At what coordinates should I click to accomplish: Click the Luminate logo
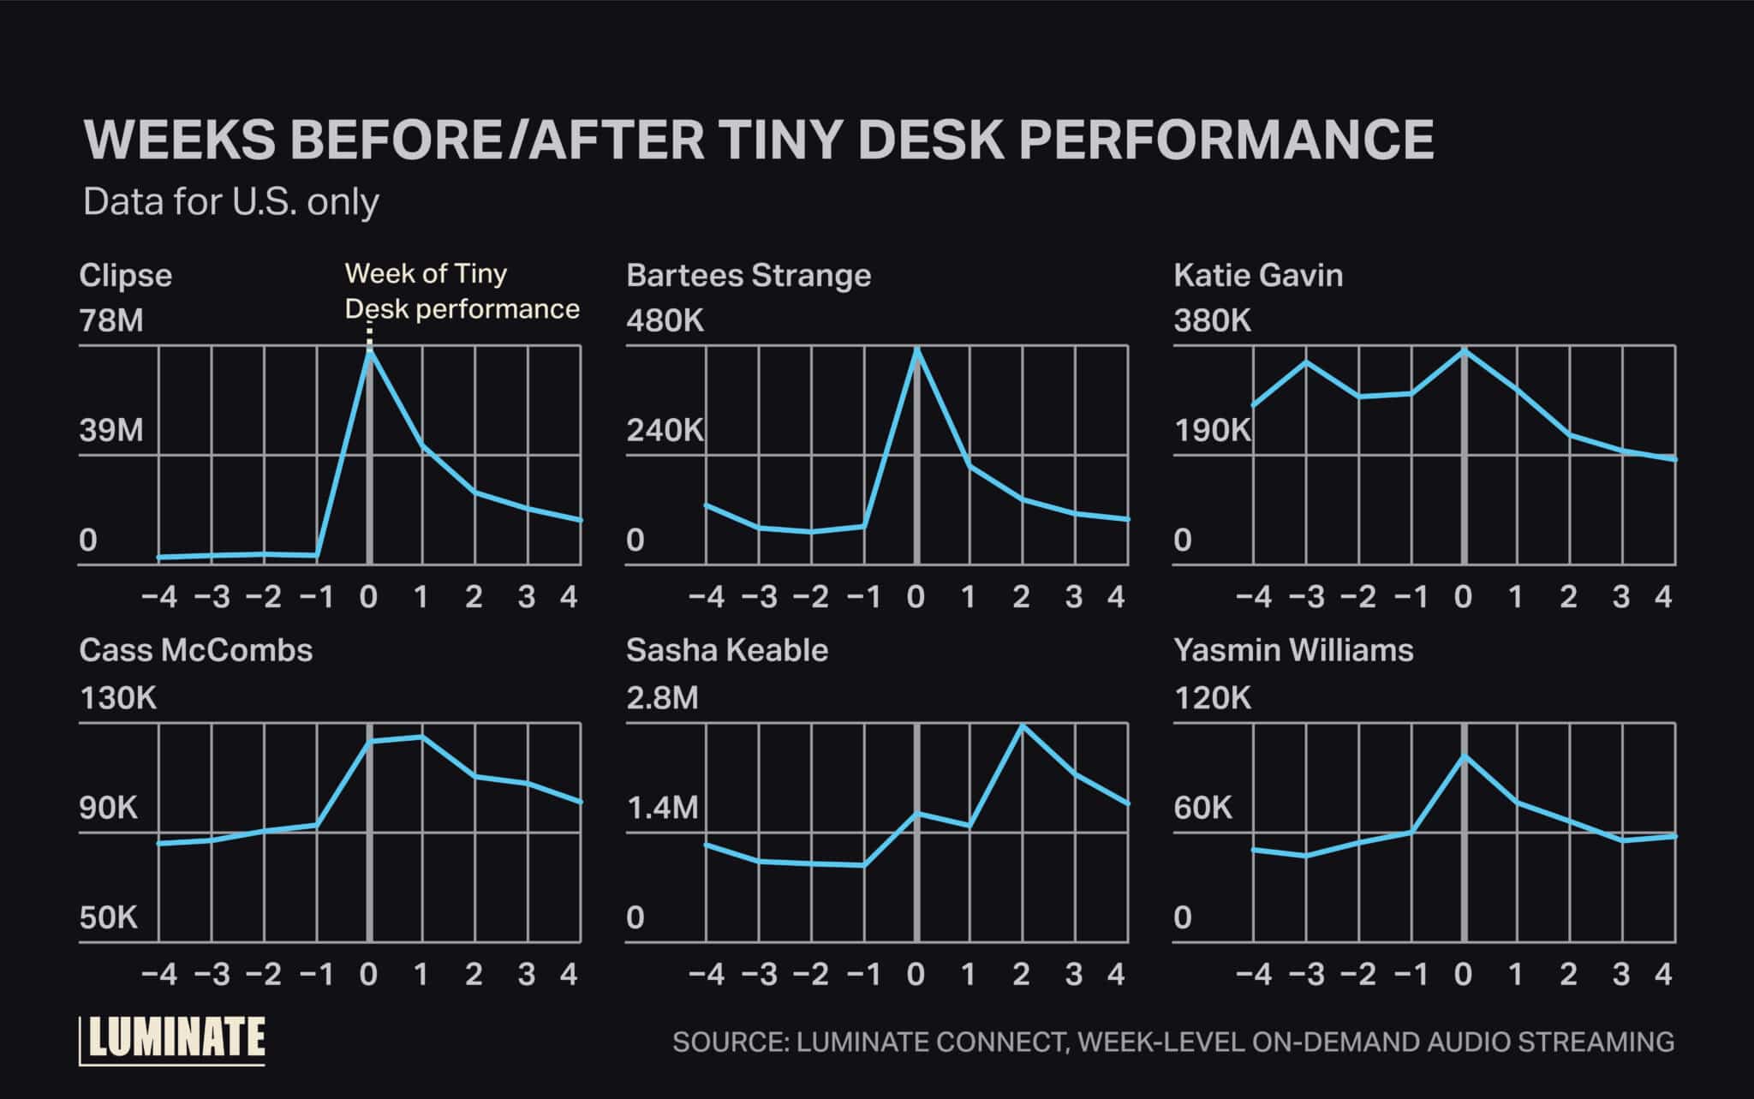point(173,1039)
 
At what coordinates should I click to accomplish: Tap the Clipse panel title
point(126,276)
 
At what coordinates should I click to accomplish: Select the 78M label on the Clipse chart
point(111,321)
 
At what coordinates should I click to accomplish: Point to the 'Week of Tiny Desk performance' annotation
point(462,291)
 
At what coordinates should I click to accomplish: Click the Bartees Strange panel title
point(749,276)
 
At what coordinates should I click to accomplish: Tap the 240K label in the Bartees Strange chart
point(665,430)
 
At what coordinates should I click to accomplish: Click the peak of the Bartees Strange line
point(916,349)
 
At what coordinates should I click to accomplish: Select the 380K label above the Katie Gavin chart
point(1212,321)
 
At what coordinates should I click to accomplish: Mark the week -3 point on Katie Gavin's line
point(1306,362)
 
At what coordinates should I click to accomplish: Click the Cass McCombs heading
point(196,650)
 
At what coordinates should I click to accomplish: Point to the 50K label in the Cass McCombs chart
point(109,918)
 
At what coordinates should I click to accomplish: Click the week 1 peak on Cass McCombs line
point(421,737)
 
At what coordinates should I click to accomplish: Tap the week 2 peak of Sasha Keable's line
point(1021,726)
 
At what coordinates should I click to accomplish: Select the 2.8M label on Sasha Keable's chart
point(662,699)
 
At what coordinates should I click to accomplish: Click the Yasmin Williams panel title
point(1293,650)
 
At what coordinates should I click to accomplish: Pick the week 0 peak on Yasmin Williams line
point(1464,756)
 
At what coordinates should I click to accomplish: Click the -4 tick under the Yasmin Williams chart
point(1254,975)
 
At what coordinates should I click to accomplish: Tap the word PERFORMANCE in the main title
point(1226,140)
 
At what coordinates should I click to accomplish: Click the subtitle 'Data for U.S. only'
point(231,202)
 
